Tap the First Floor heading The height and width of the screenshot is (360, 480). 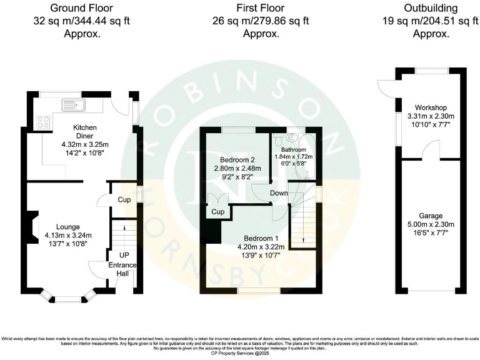pyautogui.click(x=260, y=8)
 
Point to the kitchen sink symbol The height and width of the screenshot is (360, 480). pyautogui.click(x=74, y=104)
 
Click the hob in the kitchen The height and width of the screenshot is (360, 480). pyautogui.click(x=44, y=122)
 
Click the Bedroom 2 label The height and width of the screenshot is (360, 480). pyautogui.click(x=230, y=159)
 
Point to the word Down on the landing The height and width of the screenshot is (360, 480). pyautogui.click(x=279, y=193)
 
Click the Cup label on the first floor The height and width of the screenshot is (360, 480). pyautogui.click(x=217, y=212)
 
